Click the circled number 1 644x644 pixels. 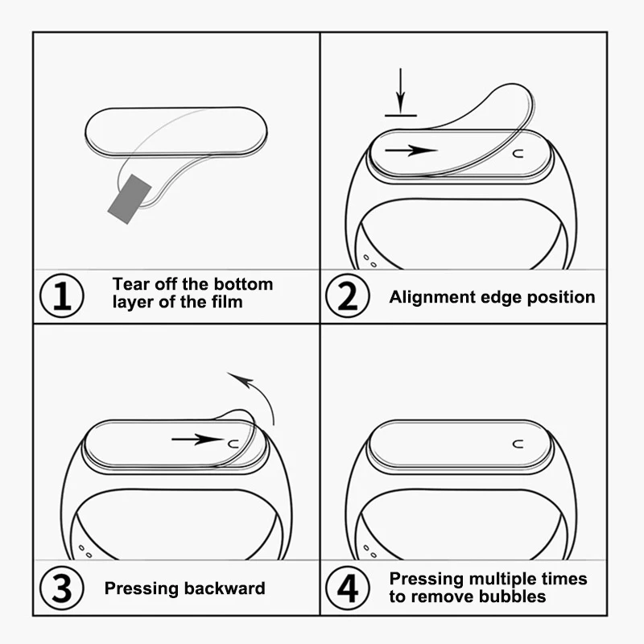[x=62, y=296]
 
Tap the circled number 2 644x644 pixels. [x=347, y=296]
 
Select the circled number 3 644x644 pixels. [x=62, y=588]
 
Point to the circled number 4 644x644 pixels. [x=347, y=588]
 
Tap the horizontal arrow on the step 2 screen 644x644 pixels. [x=411, y=151]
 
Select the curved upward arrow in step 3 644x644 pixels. [x=258, y=394]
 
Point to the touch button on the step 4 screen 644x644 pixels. [x=516, y=443]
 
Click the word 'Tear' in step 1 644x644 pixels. [x=130, y=284]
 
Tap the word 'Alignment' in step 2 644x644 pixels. [x=430, y=297]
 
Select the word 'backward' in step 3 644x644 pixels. [x=225, y=588]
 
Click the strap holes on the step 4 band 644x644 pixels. [x=369, y=551]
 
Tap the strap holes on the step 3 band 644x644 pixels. [x=83, y=551]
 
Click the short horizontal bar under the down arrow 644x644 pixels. [x=401, y=115]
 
